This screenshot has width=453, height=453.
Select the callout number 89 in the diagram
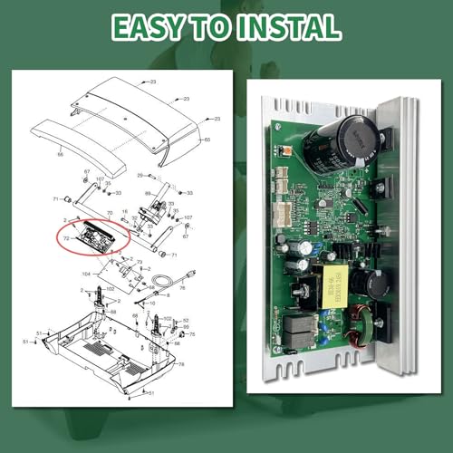[147, 194]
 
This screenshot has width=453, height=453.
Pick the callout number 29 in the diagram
[140, 174]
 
